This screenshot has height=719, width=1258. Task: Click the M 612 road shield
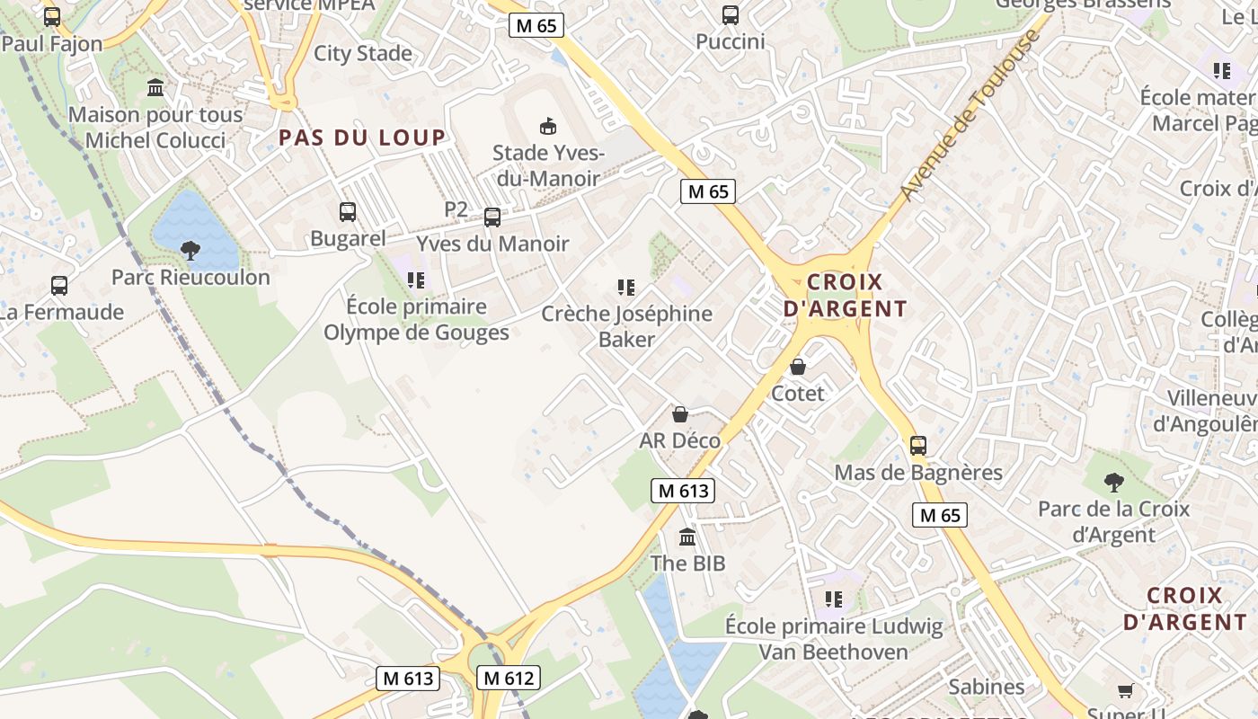coord(509,678)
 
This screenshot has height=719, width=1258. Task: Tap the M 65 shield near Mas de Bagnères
coord(939,515)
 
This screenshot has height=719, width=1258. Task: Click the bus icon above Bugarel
coord(348,212)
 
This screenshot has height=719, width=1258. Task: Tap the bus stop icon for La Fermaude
coord(59,286)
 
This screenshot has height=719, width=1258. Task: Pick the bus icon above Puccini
coord(731,15)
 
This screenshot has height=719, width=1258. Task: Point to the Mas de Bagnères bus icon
coord(917,446)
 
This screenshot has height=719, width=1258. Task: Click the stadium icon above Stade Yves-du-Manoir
coord(547,126)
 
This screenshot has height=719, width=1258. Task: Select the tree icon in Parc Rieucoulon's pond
coord(190,250)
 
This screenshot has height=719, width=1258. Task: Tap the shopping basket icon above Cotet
coord(797,367)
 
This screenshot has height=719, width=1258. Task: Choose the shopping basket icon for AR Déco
coord(680,414)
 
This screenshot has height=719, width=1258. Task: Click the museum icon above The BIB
coord(687,537)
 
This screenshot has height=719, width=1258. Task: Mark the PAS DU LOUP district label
coord(362,138)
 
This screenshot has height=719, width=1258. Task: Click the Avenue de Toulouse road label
coord(970,115)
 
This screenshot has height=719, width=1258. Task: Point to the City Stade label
coord(363,53)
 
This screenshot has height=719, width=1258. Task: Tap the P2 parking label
coord(456,209)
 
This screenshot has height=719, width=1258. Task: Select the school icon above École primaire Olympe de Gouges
coord(415,280)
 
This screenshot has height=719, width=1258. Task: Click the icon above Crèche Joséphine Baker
coord(626,288)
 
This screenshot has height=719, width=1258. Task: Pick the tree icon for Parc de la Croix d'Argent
coord(1114,482)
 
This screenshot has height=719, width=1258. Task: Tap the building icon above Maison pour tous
coord(155,88)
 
